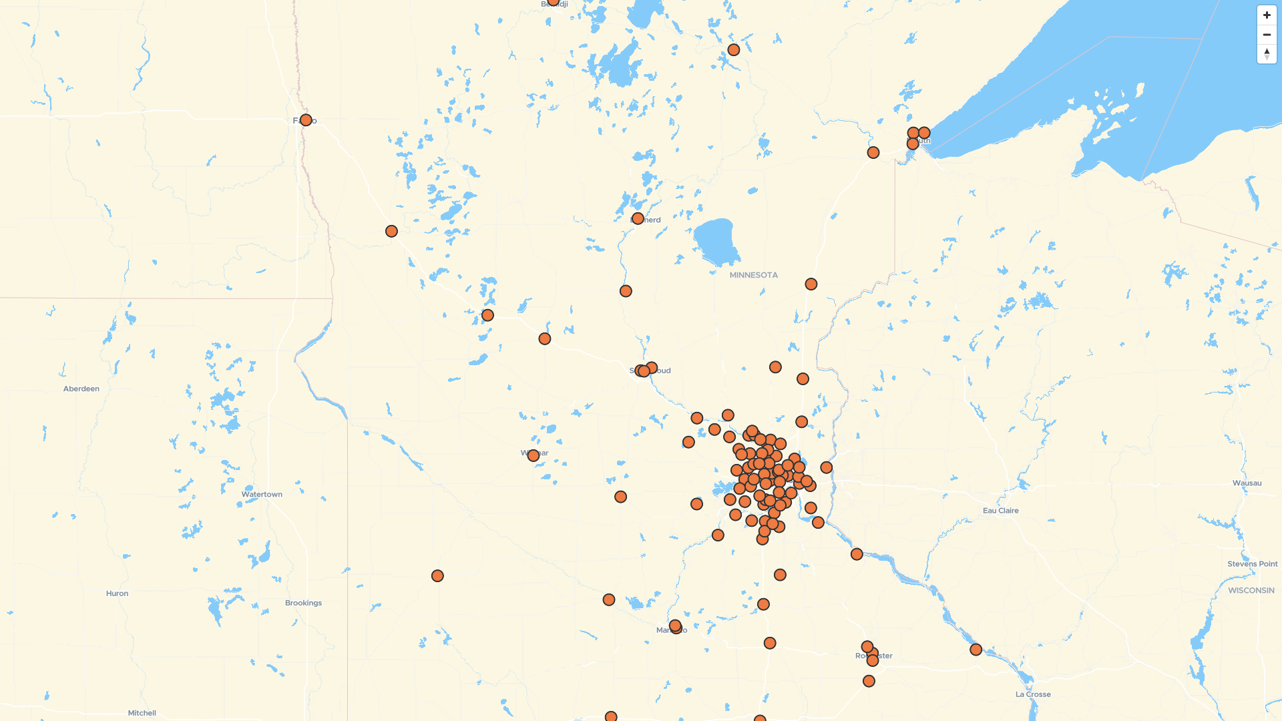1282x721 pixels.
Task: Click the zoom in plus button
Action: [1267, 15]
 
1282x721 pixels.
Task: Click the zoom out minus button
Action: [1267, 35]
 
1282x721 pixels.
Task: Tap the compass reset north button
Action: [1267, 54]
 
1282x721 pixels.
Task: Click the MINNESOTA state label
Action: [753, 275]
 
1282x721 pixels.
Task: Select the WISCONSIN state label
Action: [1251, 590]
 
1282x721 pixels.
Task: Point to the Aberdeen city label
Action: [81, 389]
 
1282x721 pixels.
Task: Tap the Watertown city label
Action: [262, 495]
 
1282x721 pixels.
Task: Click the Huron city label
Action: [117, 593]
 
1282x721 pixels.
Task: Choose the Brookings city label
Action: [303, 603]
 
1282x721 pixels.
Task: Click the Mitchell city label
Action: [142, 713]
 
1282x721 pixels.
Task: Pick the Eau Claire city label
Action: [1000, 511]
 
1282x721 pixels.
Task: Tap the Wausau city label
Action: [1247, 483]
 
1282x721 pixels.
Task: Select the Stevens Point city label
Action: [1252, 564]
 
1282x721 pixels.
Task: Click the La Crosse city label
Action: [1033, 694]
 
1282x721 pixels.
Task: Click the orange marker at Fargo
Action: [306, 120]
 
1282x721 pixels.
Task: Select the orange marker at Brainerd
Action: [638, 219]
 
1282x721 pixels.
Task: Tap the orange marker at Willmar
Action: [533, 456]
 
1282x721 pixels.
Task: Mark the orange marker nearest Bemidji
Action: [554, 1]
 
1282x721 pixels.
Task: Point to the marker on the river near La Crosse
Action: [976, 650]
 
